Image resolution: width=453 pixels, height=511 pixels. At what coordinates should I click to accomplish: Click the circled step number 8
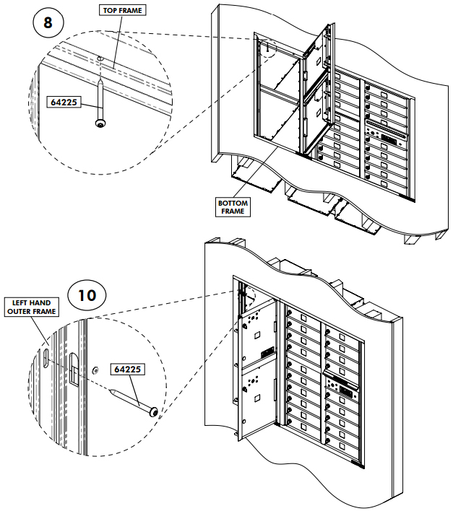(48, 22)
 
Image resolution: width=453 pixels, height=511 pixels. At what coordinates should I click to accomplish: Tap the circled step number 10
(87, 294)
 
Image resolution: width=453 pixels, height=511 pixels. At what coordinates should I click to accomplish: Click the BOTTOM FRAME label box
(233, 207)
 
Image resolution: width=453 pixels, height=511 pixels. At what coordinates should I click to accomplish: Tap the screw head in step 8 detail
(100, 123)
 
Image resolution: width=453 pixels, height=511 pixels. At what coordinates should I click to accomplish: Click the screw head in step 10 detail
(154, 411)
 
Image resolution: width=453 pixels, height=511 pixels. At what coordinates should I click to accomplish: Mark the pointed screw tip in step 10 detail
(112, 390)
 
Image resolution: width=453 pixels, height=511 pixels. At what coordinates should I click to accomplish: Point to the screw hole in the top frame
(100, 59)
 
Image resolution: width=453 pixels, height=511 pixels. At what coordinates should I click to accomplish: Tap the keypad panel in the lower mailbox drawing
(342, 390)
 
